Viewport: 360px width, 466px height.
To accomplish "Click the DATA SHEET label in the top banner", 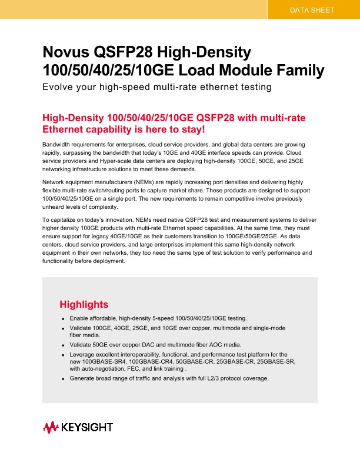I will point(313,10).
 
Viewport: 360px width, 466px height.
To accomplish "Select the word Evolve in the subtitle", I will point(58,88).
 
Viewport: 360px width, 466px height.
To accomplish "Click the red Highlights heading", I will point(84,304).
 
